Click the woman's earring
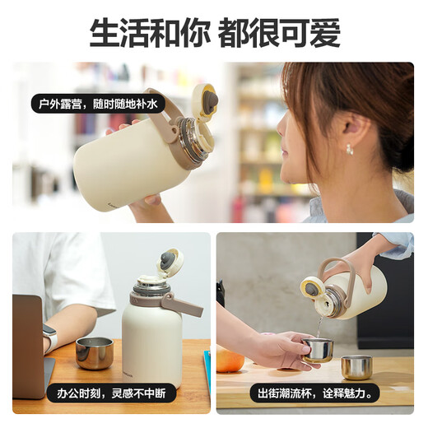click(350, 150)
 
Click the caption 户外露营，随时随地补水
click(98, 104)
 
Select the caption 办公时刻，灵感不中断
click(111, 393)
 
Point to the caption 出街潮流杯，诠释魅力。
click(315, 393)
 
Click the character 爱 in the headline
click(325, 33)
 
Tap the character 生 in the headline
click(105, 33)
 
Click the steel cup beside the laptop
click(95, 353)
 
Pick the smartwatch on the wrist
click(50, 338)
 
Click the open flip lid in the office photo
click(170, 260)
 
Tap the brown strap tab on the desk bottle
click(183, 305)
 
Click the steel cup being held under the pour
click(318, 351)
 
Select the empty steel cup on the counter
click(356, 368)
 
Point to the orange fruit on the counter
click(229, 359)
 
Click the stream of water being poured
click(320, 328)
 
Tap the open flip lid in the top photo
click(205, 100)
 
